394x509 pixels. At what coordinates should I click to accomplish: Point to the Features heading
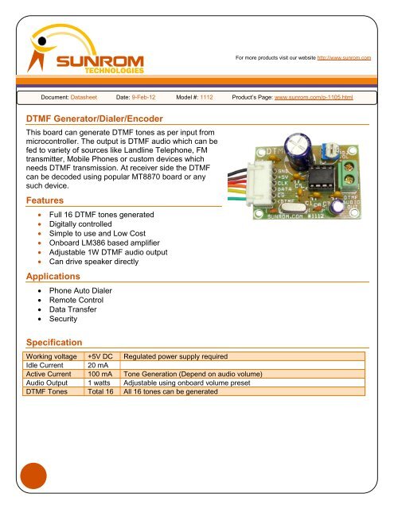(x=48, y=200)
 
